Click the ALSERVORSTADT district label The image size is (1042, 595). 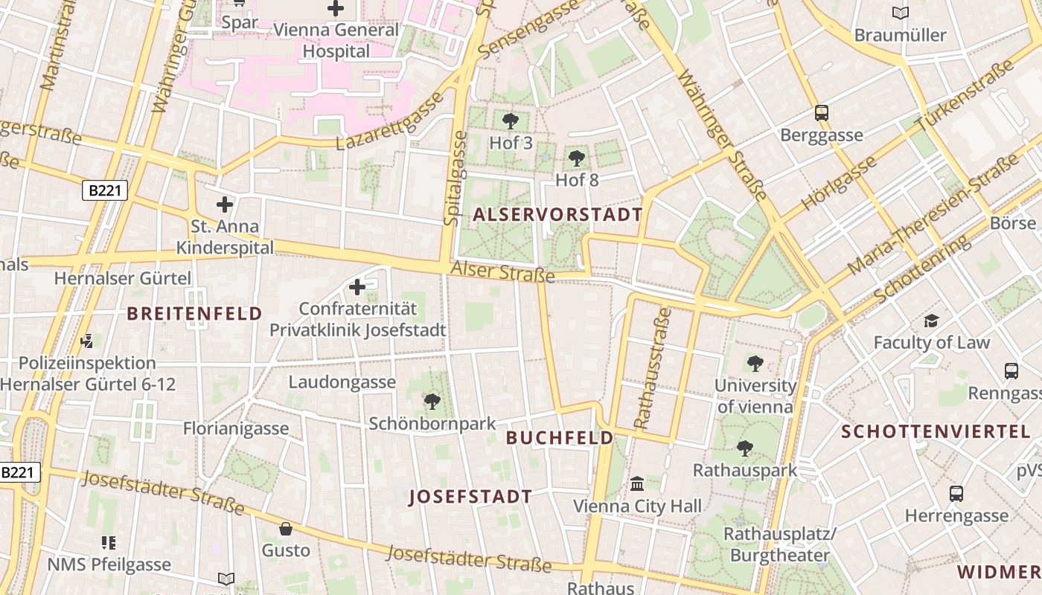coord(557,215)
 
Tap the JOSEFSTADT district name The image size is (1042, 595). coord(470,497)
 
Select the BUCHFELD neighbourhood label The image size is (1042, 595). coord(560,438)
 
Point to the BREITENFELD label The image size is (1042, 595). coord(194,313)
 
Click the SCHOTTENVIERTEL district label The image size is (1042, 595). coord(936,431)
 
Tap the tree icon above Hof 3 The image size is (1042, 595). coord(511,120)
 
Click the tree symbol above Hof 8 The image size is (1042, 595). coord(576,158)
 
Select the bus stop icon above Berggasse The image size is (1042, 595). coord(822,113)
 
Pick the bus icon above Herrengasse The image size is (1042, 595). coord(956,493)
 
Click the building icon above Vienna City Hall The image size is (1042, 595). coord(637,484)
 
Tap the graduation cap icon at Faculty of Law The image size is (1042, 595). coord(931,321)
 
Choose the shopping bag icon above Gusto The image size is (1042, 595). coord(285,529)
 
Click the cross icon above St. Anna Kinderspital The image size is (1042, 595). coord(225,204)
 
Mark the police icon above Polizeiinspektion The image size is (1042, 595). coord(87,341)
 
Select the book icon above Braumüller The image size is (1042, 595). coord(901,13)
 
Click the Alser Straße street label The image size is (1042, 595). coord(503,271)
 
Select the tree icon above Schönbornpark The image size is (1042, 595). coord(432,402)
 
